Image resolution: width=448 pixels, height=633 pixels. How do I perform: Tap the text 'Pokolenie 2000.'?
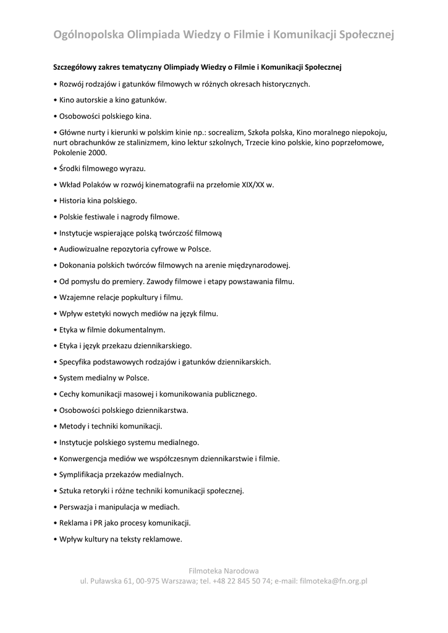pos(80,152)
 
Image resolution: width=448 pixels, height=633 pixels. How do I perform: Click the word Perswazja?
pos(77,507)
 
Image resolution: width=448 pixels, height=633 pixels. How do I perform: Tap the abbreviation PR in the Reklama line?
pos(102,523)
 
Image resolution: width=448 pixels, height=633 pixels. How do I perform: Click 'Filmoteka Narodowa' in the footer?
pos(224,570)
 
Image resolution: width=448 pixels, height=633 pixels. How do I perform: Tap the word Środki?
pos(71,168)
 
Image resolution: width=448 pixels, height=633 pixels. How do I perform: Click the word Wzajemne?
pos(77,297)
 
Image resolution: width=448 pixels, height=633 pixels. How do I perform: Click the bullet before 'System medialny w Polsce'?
pos(55,378)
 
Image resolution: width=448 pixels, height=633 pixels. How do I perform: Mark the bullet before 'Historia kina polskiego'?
pos(55,200)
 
